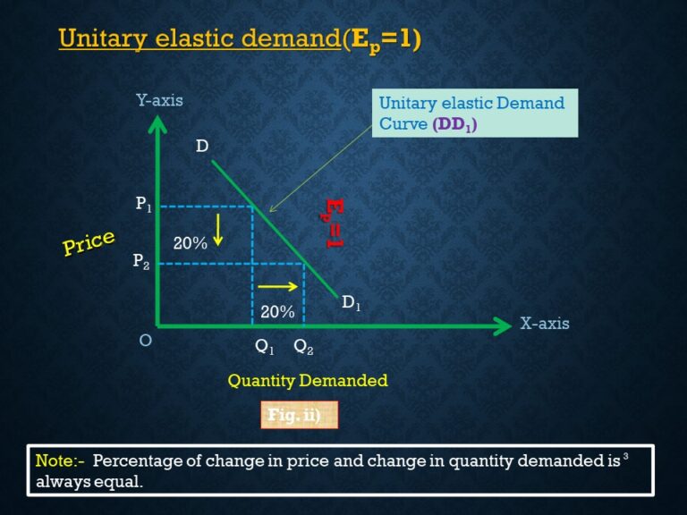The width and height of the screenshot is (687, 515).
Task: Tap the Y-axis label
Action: [159, 100]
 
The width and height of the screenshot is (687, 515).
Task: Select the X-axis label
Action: [544, 324]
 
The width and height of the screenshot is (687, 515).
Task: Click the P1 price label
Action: [144, 205]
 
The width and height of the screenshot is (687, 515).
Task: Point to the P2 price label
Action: [141, 261]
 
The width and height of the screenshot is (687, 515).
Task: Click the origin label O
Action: [146, 341]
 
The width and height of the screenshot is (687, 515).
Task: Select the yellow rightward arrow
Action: [278, 287]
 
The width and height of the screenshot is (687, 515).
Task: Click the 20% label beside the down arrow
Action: [190, 242]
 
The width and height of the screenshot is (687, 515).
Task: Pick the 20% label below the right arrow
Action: [277, 312]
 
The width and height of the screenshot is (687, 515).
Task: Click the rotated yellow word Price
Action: [89, 242]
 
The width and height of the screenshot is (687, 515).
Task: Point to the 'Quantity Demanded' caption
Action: [308, 381]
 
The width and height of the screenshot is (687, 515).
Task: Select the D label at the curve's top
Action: [202, 146]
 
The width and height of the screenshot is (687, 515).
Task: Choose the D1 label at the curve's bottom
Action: [352, 303]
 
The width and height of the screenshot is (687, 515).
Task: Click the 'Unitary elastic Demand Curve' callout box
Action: [475, 113]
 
